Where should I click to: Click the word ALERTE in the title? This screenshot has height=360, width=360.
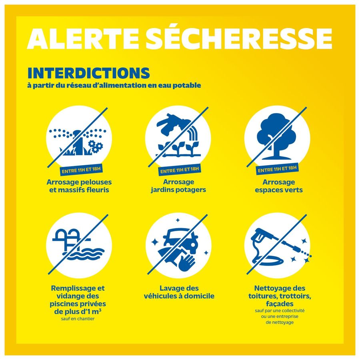[x=83, y=38]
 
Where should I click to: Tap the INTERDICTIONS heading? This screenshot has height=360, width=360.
[x=89, y=73]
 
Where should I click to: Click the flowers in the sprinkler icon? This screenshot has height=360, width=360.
[x=95, y=146]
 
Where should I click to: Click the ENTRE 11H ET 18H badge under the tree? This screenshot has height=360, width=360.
[x=277, y=169]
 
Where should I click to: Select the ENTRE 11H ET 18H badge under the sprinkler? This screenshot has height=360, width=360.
[x=81, y=170]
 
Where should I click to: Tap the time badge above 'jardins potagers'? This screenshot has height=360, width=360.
[x=180, y=170]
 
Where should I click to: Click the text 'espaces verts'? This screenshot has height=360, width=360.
[x=279, y=190]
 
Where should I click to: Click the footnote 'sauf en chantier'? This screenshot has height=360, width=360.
[x=78, y=319]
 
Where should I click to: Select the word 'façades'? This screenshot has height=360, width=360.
[x=280, y=304]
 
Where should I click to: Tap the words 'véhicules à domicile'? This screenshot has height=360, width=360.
[x=179, y=296]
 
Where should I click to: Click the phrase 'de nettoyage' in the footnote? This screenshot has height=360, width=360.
[x=280, y=322]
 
